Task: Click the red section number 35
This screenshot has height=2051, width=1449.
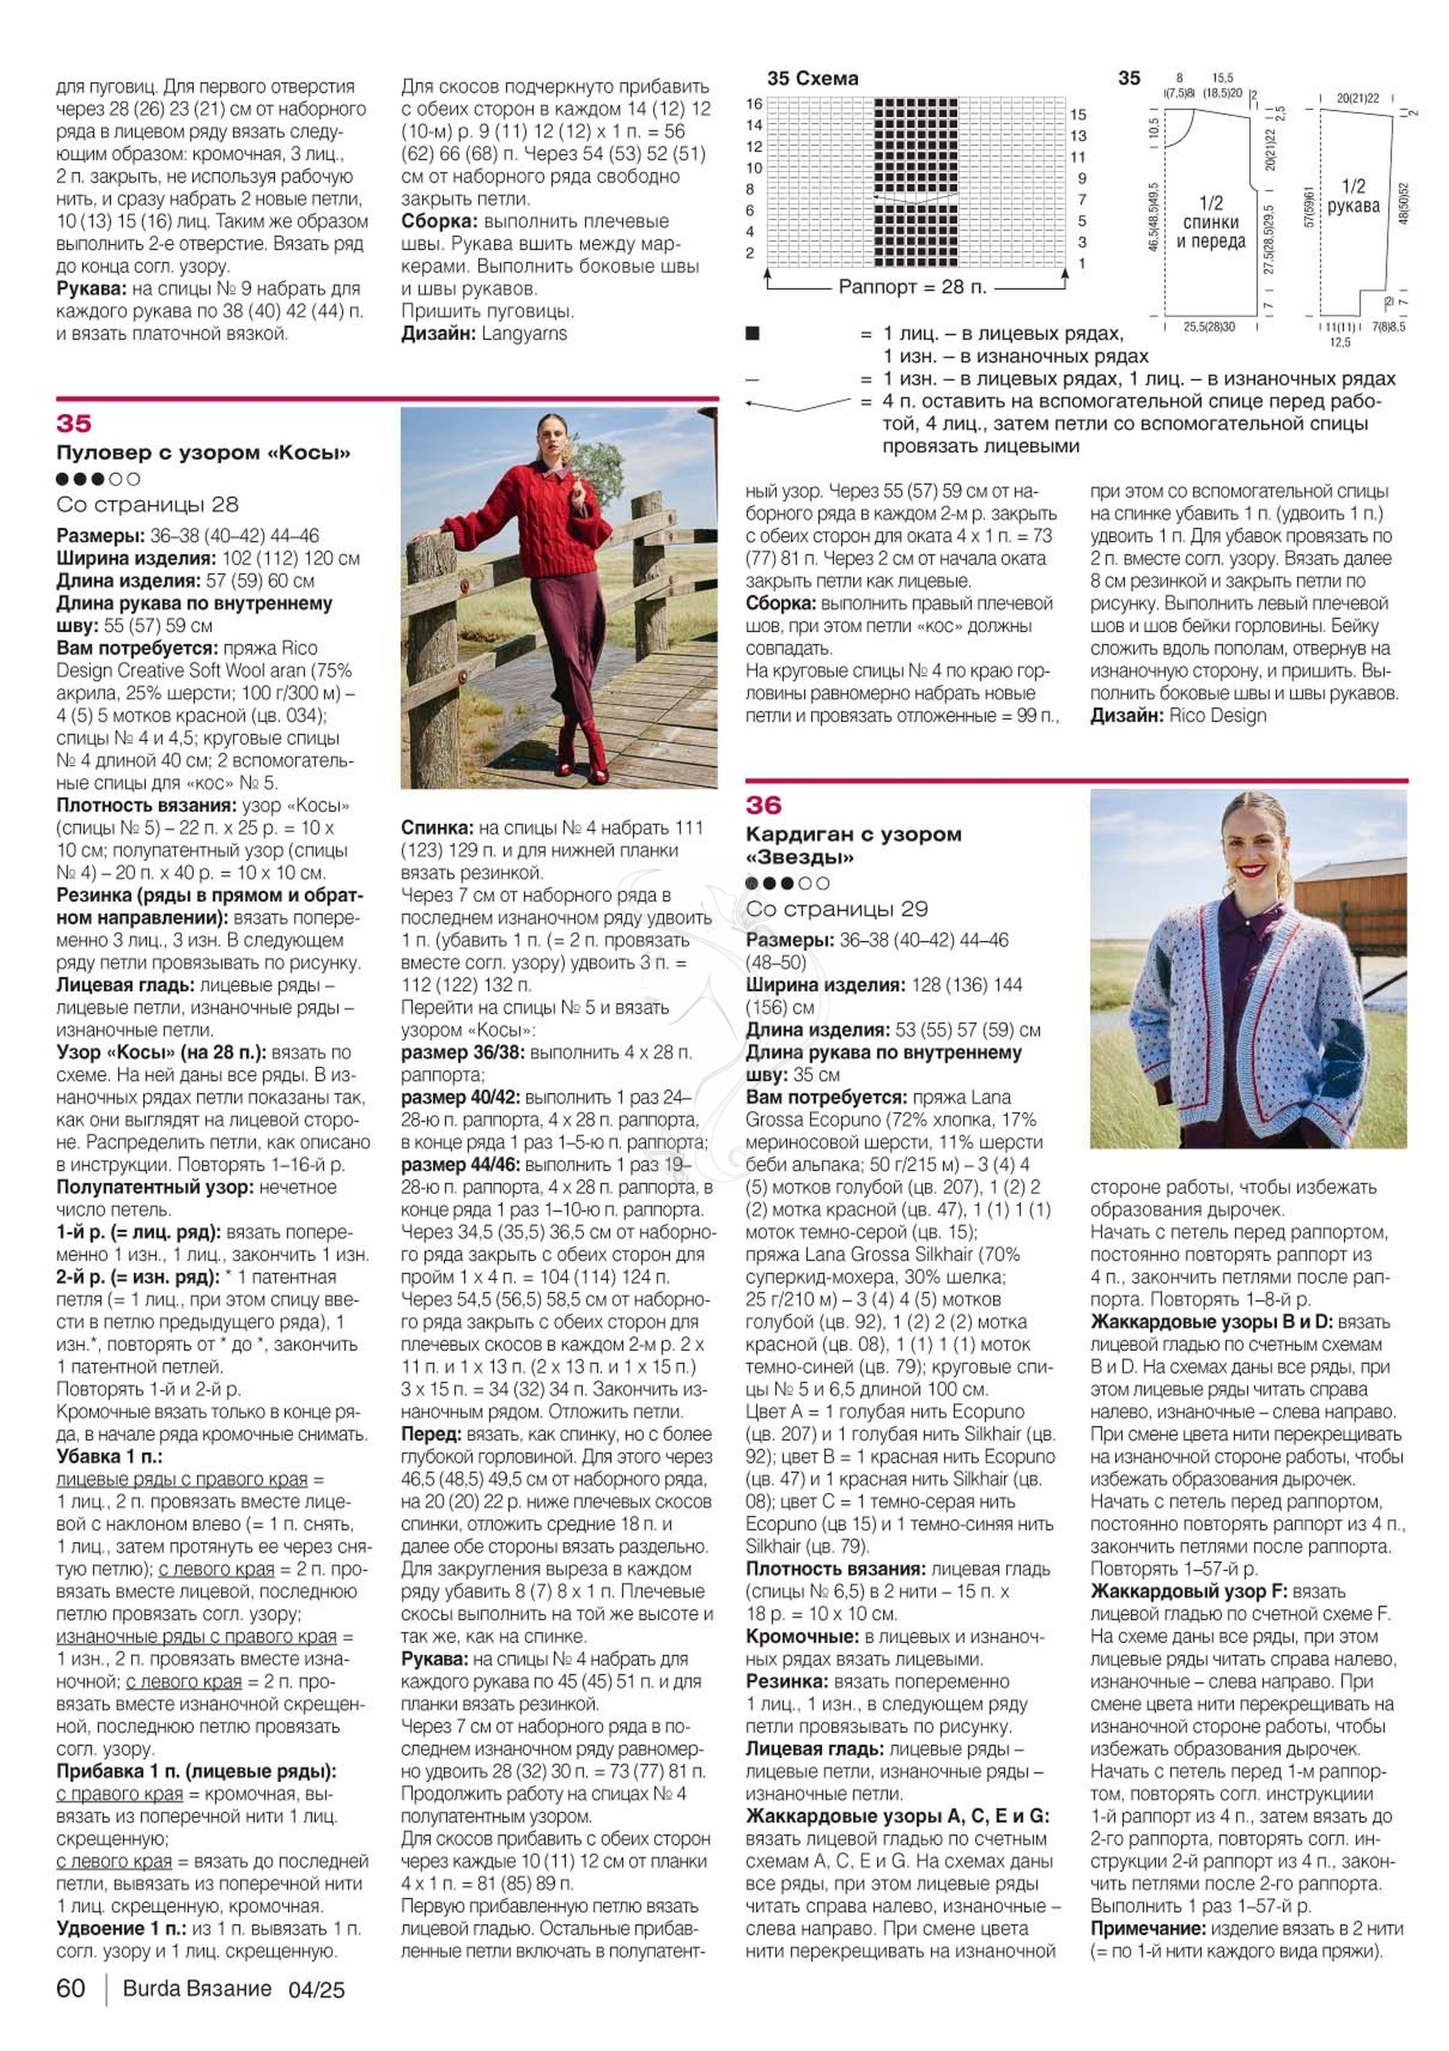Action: coord(74,423)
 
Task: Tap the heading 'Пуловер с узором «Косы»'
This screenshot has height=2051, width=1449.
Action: coord(203,453)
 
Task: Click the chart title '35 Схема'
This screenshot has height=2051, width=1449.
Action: coord(813,79)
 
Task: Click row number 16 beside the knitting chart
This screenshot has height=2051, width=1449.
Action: coord(755,104)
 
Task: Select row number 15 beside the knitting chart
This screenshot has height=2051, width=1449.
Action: coord(1078,114)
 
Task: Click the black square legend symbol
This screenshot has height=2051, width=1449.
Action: coord(752,334)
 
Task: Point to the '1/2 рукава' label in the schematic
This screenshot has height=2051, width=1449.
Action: coord(1354,196)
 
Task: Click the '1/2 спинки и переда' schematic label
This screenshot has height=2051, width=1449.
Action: coord(1210,222)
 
